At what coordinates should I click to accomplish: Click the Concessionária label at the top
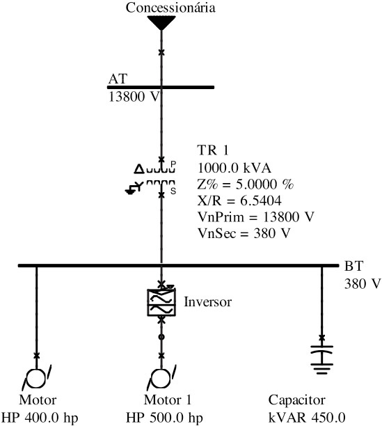(170, 8)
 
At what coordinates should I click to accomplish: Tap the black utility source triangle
(161, 22)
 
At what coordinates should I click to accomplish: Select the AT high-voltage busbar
(161, 87)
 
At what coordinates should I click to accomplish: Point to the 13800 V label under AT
(134, 97)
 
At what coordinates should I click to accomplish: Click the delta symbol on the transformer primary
(139, 169)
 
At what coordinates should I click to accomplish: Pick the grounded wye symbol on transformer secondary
(134, 188)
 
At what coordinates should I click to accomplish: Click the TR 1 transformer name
(213, 150)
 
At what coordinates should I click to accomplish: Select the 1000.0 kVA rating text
(234, 168)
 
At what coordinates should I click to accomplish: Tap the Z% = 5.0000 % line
(246, 184)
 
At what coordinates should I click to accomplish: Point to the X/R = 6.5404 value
(239, 200)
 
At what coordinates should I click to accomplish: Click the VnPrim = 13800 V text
(256, 217)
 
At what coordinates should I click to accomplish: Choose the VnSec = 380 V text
(244, 233)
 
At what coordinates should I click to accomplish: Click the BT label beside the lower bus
(353, 266)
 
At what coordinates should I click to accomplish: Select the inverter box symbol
(161, 302)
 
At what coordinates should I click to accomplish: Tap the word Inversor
(207, 302)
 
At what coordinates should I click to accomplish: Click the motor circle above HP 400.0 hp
(37, 378)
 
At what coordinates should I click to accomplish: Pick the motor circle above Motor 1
(161, 378)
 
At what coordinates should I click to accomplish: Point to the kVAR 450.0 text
(307, 418)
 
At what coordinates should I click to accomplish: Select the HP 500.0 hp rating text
(164, 418)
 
